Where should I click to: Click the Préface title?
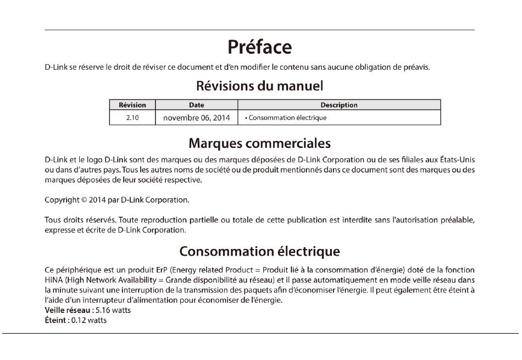pos(259,47)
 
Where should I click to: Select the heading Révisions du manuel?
pos(259,86)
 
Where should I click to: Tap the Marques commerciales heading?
pos(259,143)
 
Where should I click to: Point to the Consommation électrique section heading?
pos(259,252)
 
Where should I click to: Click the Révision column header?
pos(132,105)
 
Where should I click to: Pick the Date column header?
pos(196,105)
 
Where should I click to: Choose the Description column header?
pos(339,105)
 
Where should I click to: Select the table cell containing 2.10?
pos(132,118)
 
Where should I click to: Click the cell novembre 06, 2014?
pos(196,118)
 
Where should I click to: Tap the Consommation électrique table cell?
pos(287,118)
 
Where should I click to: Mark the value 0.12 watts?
pos(89,320)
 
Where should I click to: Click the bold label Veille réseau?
pos(67,311)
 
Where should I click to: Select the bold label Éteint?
pos(55,320)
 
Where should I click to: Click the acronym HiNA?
pos(53,280)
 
